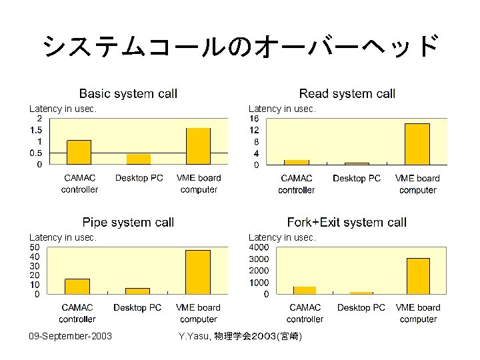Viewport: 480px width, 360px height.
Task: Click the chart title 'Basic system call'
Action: point(128,94)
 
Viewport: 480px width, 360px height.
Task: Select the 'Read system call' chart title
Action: point(347,94)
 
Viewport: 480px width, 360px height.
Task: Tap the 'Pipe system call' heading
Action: point(128,223)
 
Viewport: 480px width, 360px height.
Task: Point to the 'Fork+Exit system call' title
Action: point(347,223)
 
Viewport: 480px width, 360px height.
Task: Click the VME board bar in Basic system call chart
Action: point(198,146)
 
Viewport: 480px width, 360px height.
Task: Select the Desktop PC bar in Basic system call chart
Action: point(139,159)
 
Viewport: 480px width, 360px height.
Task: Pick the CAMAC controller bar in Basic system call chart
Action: point(79,152)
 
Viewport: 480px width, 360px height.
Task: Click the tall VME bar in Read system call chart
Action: point(417,144)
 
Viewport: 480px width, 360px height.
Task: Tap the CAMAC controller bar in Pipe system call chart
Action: point(77,287)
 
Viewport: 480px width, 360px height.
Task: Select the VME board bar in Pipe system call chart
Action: point(198,272)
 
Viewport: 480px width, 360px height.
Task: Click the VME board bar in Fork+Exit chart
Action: point(418,276)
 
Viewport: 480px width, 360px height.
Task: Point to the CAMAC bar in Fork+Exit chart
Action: point(305,290)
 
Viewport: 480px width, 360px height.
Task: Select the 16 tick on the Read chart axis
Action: point(254,119)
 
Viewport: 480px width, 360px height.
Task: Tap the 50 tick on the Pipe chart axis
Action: point(35,247)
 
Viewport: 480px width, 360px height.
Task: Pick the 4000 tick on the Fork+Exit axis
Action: point(259,247)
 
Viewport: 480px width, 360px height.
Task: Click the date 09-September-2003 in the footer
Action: point(71,336)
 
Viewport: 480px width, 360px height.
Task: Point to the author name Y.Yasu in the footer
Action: point(193,337)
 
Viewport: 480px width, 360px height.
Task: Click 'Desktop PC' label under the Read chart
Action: point(357,179)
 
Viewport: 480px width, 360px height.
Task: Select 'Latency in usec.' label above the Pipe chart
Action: point(63,237)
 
